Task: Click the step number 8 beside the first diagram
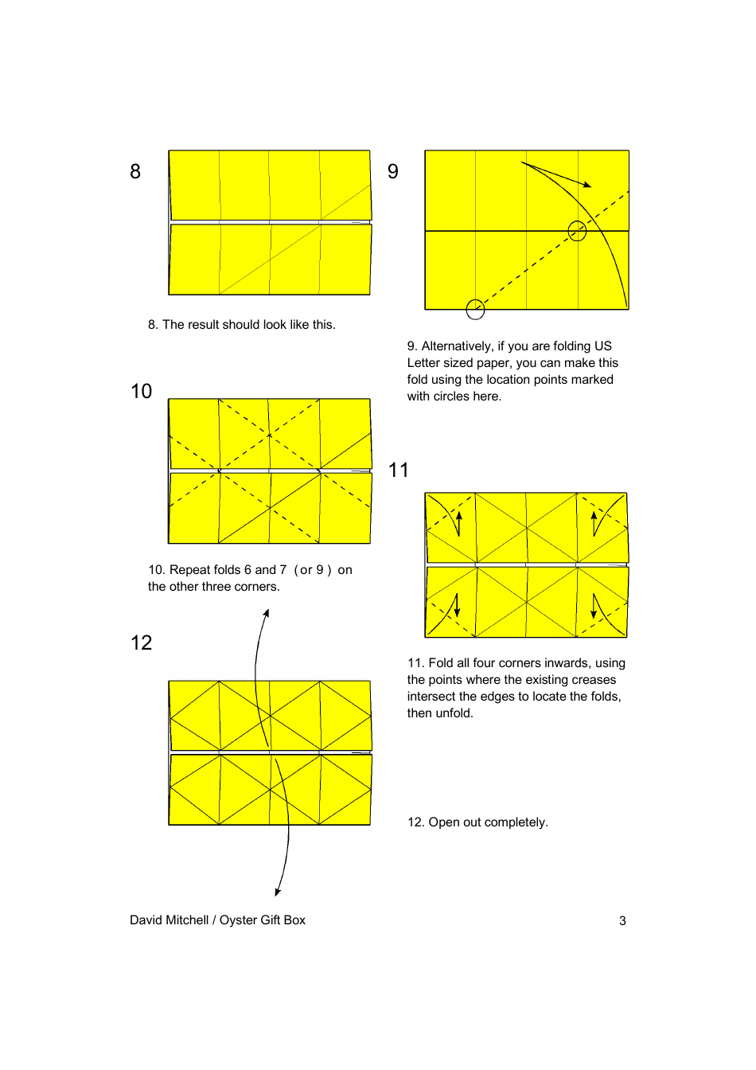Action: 135,172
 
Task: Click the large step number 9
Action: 393,172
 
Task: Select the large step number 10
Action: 141,392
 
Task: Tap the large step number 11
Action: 398,471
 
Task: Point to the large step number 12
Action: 141,643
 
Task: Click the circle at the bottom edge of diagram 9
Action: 475,310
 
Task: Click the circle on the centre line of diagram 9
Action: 577,232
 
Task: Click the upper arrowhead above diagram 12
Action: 267,613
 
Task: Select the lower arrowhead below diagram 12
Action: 278,892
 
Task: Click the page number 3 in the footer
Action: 622,921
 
